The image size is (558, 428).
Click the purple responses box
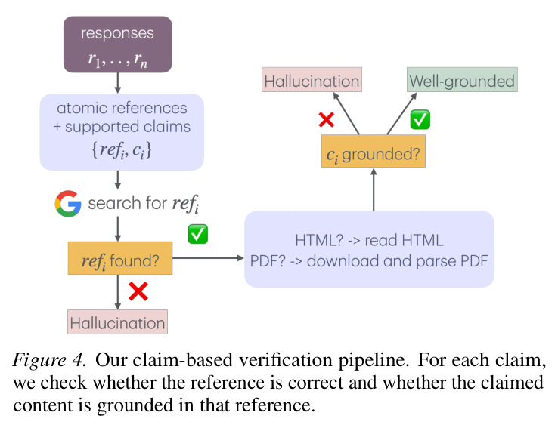(x=118, y=45)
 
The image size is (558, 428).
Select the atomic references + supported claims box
(x=122, y=132)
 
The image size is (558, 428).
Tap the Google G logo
(x=67, y=204)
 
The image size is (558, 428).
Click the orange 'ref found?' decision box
(x=120, y=258)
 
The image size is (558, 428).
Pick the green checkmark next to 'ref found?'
(x=198, y=235)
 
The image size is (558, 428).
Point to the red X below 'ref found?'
(x=138, y=291)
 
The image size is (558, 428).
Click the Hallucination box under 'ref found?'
(x=117, y=322)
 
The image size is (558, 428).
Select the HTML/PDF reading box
(x=369, y=249)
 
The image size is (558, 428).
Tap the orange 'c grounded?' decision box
(x=374, y=151)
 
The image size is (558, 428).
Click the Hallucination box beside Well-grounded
(x=312, y=79)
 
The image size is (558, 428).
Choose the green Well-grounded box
(x=462, y=79)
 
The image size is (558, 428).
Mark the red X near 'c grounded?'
(x=327, y=120)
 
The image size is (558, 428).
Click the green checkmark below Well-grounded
(x=420, y=119)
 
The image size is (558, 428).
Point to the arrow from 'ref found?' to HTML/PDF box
(x=208, y=258)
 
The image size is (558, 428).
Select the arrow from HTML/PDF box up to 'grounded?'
(x=374, y=189)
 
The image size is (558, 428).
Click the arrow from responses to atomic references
(x=118, y=84)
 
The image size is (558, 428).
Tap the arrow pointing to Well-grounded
(x=401, y=114)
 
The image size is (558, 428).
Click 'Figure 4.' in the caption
(x=49, y=360)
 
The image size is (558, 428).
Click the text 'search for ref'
(x=144, y=204)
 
